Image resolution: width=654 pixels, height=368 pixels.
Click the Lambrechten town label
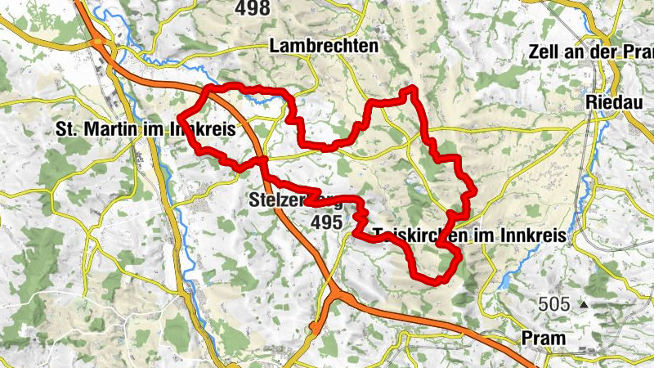click(x=324, y=47)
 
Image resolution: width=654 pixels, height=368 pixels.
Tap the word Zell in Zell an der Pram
click(x=547, y=52)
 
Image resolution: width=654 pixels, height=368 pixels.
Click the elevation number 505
click(x=553, y=305)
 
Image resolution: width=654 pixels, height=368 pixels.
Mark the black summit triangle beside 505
click(x=583, y=304)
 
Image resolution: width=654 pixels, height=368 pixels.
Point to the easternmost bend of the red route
click(x=473, y=193)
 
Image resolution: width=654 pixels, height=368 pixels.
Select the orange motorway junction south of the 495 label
click(x=336, y=290)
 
